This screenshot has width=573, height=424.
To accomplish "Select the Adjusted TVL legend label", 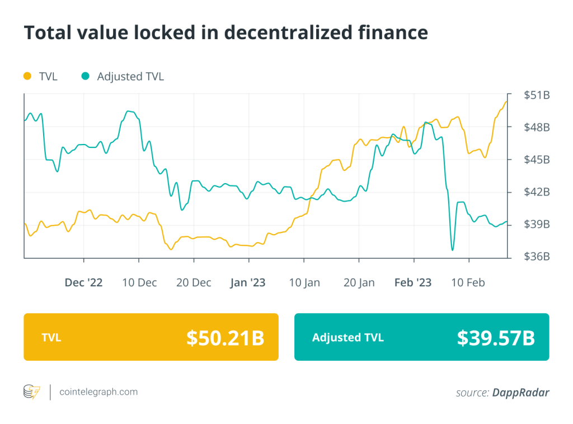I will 130,76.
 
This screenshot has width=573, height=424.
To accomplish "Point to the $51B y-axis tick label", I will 537,95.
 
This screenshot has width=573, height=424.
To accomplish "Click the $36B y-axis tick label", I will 537,257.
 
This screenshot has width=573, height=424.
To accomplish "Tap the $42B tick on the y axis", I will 537,192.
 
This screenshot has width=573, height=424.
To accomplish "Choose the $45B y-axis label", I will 537,160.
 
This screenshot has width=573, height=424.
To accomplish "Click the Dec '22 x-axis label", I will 83,282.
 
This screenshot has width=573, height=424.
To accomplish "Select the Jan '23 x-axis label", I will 248,282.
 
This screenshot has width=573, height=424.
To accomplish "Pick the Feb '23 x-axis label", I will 413,282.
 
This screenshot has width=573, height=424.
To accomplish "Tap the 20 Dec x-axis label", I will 194,282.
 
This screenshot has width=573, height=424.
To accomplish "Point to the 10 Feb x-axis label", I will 468,282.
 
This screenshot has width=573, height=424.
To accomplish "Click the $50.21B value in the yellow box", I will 225,337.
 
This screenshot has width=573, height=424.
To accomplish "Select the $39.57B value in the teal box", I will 496,337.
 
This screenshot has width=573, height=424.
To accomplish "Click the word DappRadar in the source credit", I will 520,393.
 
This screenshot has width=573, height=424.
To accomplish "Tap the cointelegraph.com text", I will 98,392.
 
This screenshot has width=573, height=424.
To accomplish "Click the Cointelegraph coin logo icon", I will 31,392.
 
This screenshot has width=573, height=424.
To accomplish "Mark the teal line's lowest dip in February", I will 452,250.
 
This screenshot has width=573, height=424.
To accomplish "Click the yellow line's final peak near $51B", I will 506,101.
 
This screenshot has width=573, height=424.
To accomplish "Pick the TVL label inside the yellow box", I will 51,337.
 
